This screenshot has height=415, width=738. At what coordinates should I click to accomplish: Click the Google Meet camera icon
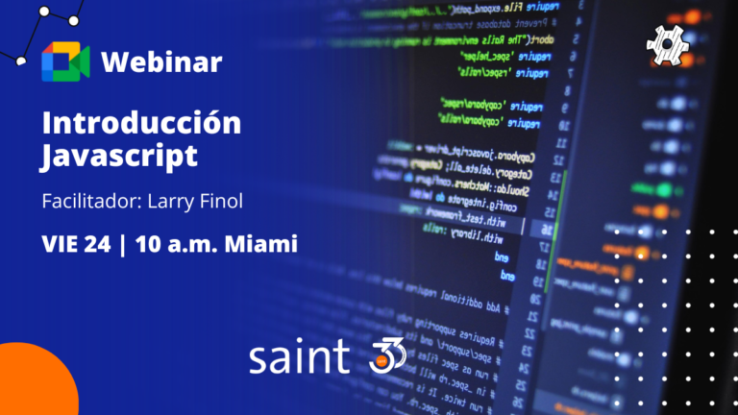tap(65, 62)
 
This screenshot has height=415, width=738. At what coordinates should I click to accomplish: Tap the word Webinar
tap(160, 62)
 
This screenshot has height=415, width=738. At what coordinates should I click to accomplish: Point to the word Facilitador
tap(86, 203)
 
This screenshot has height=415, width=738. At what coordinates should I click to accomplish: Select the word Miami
tap(259, 244)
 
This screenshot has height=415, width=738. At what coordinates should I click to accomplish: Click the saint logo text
tap(299, 357)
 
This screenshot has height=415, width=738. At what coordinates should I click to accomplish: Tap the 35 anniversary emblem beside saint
tap(387, 356)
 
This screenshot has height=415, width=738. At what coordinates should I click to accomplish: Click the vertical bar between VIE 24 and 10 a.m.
tap(123, 244)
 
